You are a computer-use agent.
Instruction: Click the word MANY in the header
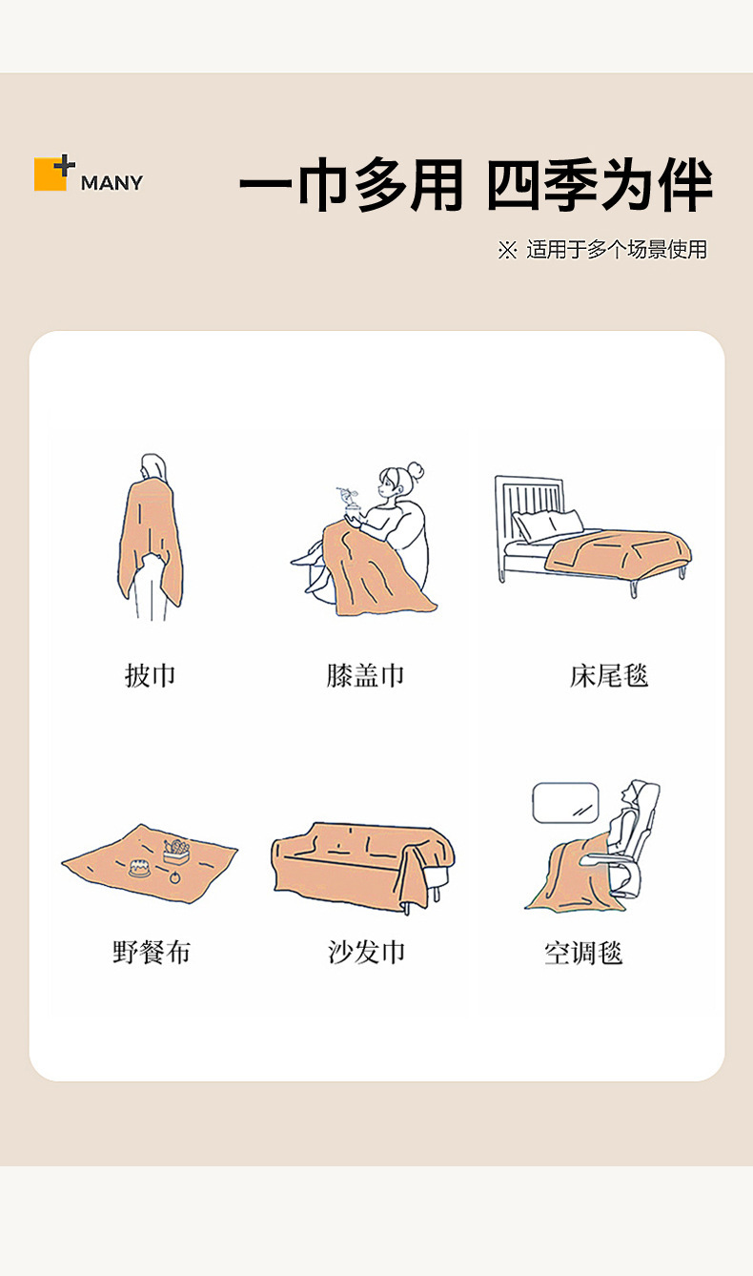click(112, 182)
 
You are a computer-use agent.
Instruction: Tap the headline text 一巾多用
click(351, 187)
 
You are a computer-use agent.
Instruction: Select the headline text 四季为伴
click(599, 187)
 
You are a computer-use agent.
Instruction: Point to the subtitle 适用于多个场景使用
click(616, 250)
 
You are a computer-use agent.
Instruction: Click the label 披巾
click(151, 675)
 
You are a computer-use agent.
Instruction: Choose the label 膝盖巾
click(365, 675)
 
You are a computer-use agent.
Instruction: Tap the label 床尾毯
click(609, 675)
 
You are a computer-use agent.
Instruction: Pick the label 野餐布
click(151, 951)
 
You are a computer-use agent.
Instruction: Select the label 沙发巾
click(366, 951)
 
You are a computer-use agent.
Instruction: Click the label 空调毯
click(583, 952)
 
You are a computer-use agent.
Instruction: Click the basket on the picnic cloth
click(176, 851)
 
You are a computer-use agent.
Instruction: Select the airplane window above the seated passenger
click(565, 803)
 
